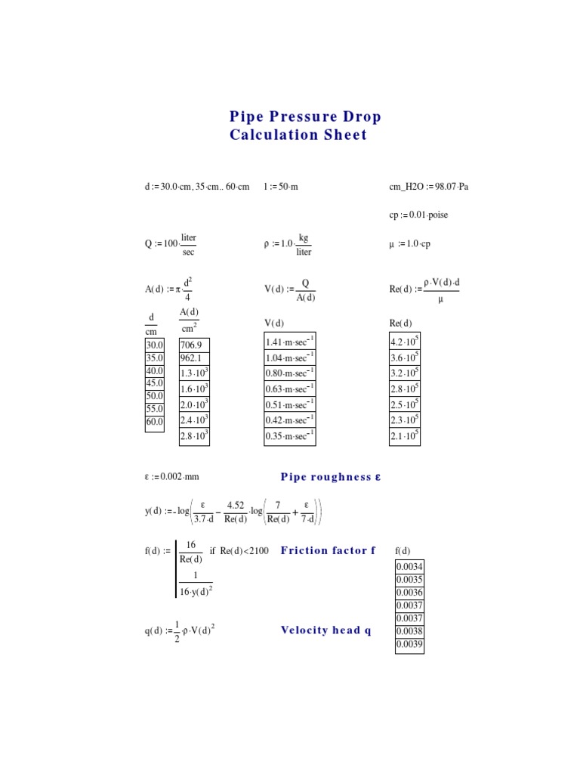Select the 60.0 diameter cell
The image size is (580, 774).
(154, 423)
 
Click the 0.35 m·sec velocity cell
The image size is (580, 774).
(290, 436)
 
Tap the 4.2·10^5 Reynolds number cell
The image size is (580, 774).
(405, 342)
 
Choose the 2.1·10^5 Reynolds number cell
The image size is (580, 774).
(405, 436)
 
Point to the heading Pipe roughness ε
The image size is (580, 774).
(331, 477)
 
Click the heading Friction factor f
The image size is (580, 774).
(328, 550)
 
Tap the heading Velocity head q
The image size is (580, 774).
(325, 630)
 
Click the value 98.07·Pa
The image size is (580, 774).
(452, 187)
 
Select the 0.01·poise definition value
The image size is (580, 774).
(428, 215)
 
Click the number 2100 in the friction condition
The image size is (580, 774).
(257, 550)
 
